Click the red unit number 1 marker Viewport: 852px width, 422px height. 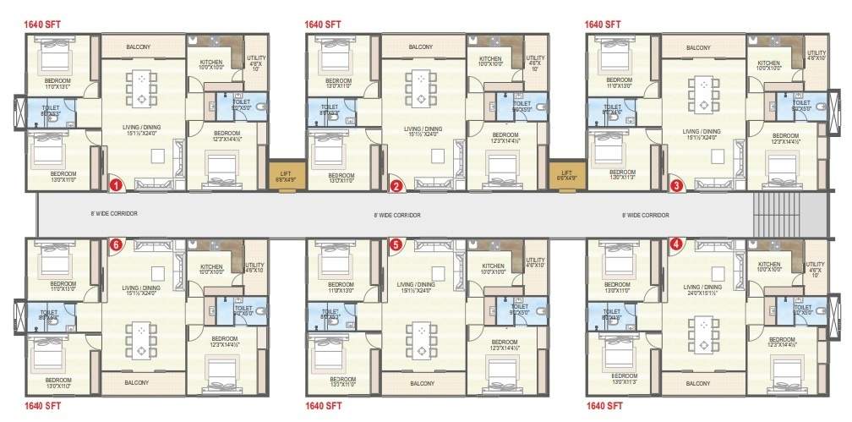click(x=118, y=182)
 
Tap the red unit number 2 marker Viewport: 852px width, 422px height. click(x=396, y=186)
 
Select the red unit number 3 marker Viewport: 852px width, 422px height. click(x=676, y=184)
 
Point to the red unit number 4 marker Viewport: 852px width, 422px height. click(x=675, y=245)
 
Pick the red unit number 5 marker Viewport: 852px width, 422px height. click(x=396, y=244)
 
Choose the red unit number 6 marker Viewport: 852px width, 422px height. click(x=117, y=244)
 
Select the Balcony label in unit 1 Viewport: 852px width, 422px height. click(x=139, y=47)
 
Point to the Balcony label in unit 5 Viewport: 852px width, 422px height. click(x=421, y=383)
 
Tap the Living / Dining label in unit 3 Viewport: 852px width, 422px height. click(x=702, y=132)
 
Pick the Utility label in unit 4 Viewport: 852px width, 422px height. click(x=815, y=269)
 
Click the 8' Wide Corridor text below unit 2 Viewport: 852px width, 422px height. click(x=397, y=216)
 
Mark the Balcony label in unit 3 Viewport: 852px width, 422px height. click(x=698, y=47)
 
